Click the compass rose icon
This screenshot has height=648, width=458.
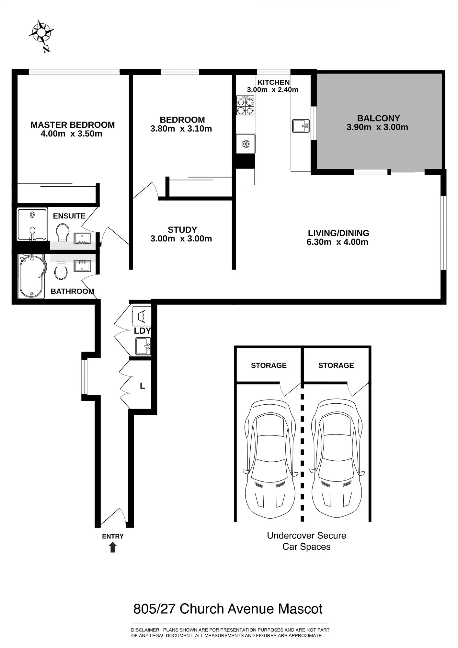pyautogui.click(x=41, y=32)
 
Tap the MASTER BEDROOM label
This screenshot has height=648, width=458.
pyautogui.click(x=73, y=125)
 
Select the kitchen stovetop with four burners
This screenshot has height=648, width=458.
pyautogui.click(x=245, y=105)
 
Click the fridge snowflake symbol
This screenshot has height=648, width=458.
pyautogui.click(x=246, y=144)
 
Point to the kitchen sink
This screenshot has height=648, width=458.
pyautogui.click(x=301, y=126)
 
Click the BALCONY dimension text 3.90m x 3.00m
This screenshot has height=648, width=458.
pyautogui.click(x=377, y=127)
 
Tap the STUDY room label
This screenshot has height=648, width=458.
pyautogui.click(x=182, y=230)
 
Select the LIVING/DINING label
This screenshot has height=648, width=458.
pyautogui.click(x=338, y=233)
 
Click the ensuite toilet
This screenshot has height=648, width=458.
pyautogui.click(x=63, y=232)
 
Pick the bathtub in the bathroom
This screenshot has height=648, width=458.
pyautogui.click(x=32, y=276)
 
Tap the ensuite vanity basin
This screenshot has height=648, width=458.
pyautogui.click(x=82, y=238)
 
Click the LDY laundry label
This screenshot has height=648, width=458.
pyautogui.click(x=143, y=331)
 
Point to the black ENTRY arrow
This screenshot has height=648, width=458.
pyautogui.click(x=113, y=547)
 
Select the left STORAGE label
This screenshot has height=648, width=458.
pyautogui.click(x=269, y=365)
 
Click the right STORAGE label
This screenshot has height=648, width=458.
pyautogui.click(x=336, y=365)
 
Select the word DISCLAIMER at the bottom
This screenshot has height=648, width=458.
pyautogui.click(x=145, y=630)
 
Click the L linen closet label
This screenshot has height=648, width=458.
pyautogui.click(x=142, y=386)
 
